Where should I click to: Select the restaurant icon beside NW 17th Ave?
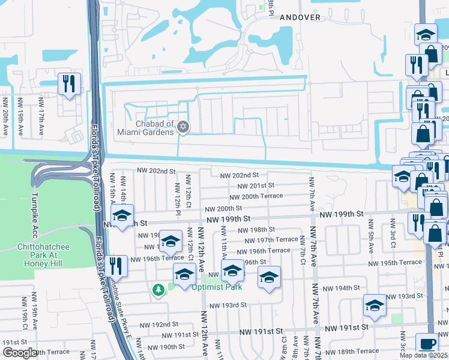point(69,83)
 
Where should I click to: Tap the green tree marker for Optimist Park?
point(158,290)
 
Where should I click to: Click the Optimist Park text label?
point(217,287)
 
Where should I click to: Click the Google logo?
point(19,353)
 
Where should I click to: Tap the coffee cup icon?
point(427,343)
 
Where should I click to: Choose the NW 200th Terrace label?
point(256,196)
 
